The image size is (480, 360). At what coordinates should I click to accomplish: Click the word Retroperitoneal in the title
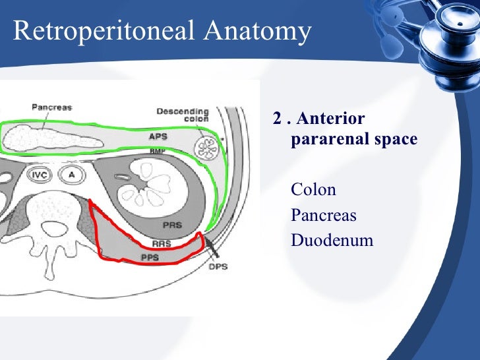(x=98, y=31)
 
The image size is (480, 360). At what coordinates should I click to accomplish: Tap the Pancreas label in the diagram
(x=51, y=107)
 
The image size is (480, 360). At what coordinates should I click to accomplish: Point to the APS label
(x=158, y=137)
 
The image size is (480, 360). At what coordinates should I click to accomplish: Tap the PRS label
(x=172, y=225)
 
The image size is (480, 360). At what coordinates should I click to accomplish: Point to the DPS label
(x=218, y=266)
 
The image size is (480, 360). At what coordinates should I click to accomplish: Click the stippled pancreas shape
(x=53, y=138)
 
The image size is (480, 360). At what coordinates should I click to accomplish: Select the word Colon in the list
(x=313, y=191)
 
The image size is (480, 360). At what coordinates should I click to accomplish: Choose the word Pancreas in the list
(x=323, y=216)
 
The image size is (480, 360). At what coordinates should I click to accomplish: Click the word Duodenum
(x=332, y=240)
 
